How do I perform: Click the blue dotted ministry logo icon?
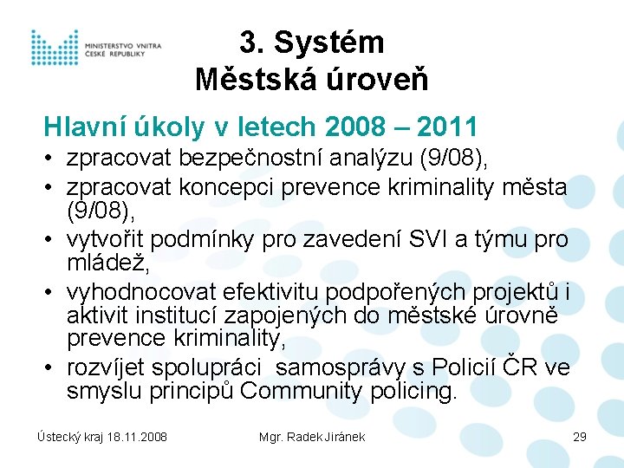(55, 47)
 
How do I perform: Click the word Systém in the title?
(332, 42)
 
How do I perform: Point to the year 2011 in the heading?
(447, 127)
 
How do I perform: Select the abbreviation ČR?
(522, 368)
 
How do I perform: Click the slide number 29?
(579, 437)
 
